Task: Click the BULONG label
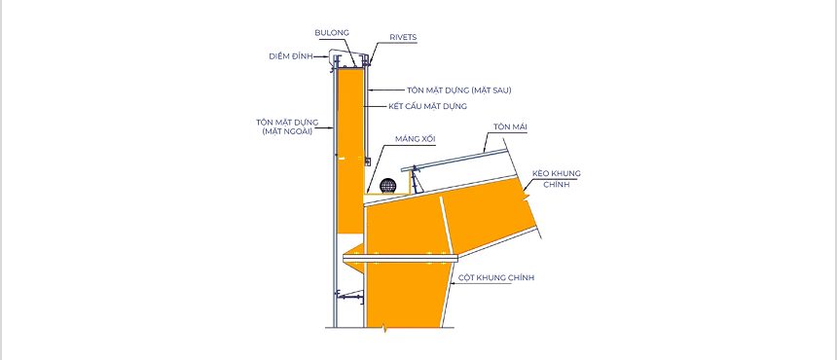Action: [331, 31]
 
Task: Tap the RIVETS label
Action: [403, 38]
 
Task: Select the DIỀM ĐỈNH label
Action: [289, 55]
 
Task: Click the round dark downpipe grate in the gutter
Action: [388, 186]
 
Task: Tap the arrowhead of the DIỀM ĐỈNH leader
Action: [326, 56]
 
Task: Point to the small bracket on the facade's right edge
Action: [366, 159]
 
